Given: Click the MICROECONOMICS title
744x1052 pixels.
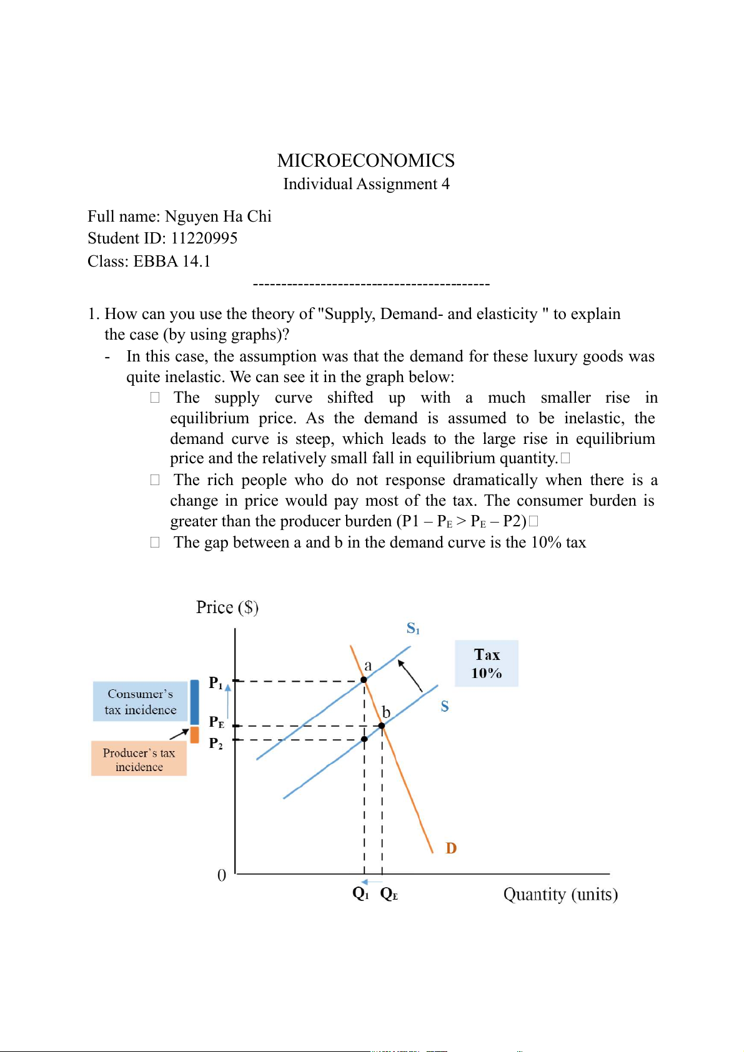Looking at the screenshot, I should pos(365,161).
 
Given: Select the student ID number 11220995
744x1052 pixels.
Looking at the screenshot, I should pos(204,238).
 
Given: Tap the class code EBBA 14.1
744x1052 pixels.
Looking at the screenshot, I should pos(172,261).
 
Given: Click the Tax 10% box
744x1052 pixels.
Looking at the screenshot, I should pos(486,663).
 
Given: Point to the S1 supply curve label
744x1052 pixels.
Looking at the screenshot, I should pos(413,628).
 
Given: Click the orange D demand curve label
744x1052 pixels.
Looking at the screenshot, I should pos(451,848).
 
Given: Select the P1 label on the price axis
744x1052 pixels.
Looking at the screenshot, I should pos(216,683).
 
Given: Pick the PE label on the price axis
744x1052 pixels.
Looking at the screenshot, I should pos(216,722).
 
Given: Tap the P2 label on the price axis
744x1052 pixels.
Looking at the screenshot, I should pos(216,743).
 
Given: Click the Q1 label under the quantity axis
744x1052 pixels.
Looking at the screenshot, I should pos(360,893).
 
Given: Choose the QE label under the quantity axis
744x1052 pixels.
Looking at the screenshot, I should pos(389,894).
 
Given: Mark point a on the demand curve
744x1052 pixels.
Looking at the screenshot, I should pos(364,680).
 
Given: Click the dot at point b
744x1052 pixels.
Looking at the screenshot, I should pos(382,725).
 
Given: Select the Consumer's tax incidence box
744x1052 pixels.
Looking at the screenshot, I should pos(140,702).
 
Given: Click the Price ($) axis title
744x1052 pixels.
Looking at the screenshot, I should pos(227,607).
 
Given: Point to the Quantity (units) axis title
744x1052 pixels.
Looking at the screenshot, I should pos(560,895).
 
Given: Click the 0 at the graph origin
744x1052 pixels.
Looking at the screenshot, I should pos(222,875).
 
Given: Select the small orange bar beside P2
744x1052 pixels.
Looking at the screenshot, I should pos(194,735).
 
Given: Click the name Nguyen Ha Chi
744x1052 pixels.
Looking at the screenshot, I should pos(218,217).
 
